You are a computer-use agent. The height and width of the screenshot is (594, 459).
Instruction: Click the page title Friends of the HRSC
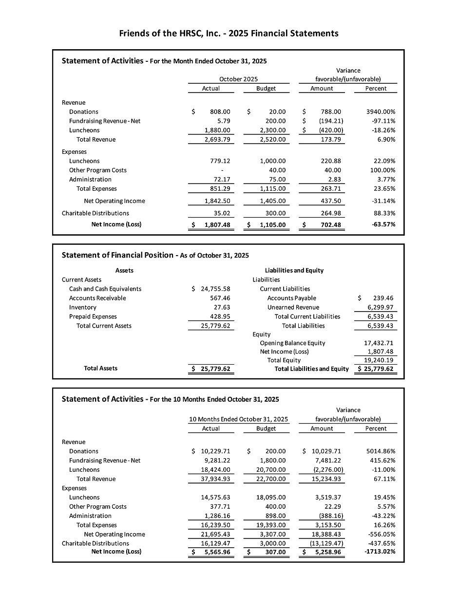click(229, 34)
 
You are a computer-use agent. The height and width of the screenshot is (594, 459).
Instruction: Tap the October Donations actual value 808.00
click(220, 111)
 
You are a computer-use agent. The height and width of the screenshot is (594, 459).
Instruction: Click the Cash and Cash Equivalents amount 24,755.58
click(215, 289)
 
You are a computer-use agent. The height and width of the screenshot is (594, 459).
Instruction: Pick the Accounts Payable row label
click(291, 298)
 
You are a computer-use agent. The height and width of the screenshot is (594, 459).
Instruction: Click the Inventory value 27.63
click(222, 307)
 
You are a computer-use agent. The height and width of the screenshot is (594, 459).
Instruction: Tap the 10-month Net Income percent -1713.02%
click(380, 552)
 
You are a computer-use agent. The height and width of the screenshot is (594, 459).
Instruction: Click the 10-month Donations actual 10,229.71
click(215, 451)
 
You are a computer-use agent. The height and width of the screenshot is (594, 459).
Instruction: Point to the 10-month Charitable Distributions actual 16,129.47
click(215, 543)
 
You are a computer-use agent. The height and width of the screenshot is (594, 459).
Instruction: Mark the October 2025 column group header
click(238, 79)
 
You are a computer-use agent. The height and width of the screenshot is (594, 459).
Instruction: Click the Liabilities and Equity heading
click(294, 270)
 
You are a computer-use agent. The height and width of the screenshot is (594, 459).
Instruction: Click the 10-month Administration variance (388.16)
click(331, 516)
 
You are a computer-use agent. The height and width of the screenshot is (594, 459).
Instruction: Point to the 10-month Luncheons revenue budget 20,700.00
click(270, 470)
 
